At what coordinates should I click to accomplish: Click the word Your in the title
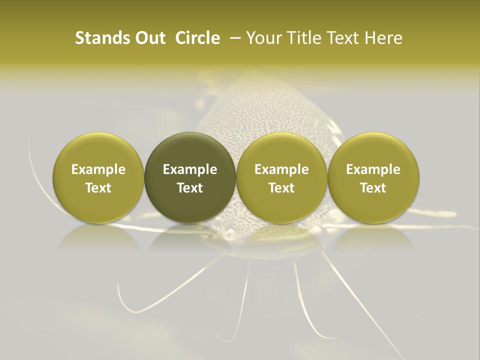[261, 38]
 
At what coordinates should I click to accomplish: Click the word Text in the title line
[340, 38]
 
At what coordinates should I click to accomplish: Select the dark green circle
[190, 177]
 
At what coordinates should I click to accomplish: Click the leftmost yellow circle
[98, 177]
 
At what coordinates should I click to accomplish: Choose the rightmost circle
[373, 177]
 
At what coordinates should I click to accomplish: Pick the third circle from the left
[281, 177]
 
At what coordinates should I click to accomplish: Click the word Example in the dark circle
[190, 169]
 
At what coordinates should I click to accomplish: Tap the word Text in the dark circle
[190, 188]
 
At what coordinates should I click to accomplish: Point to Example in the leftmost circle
[98, 169]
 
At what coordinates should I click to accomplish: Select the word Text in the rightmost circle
[373, 188]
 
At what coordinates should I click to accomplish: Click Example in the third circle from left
[281, 169]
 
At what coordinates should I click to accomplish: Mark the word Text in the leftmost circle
[98, 188]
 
